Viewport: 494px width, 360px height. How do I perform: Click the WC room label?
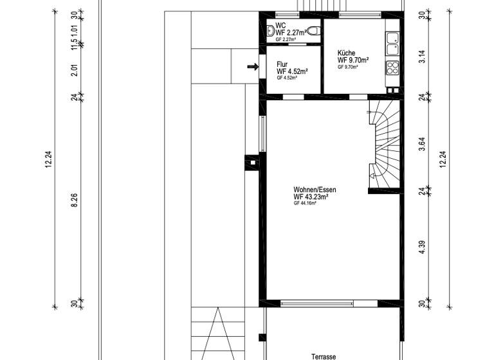point(280,26)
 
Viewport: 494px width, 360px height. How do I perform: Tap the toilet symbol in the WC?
point(313,30)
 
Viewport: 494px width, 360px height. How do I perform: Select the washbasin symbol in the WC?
point(270,30)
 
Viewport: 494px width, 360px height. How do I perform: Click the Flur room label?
point(282,64)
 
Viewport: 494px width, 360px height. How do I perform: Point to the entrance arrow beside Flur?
point(253,66)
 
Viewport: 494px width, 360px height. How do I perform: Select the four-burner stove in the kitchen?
point(392,67)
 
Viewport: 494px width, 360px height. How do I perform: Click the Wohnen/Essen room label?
point(315,190)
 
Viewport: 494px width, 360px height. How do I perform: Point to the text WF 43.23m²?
point(311,197)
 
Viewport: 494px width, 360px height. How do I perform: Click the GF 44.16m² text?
point(305,203)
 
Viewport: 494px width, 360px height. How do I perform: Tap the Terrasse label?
point(324,355)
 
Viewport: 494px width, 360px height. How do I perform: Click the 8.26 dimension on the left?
point(74,199)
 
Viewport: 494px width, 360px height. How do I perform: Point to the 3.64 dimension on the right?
point(422,144)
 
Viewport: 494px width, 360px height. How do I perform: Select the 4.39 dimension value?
point(422,248)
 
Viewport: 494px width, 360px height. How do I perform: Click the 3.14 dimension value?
point(422,57)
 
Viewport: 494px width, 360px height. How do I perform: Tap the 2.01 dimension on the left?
point(74,71)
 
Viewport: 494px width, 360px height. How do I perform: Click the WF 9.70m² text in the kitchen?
point(352,60)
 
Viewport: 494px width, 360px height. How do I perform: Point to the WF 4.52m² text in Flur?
point(291,71)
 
